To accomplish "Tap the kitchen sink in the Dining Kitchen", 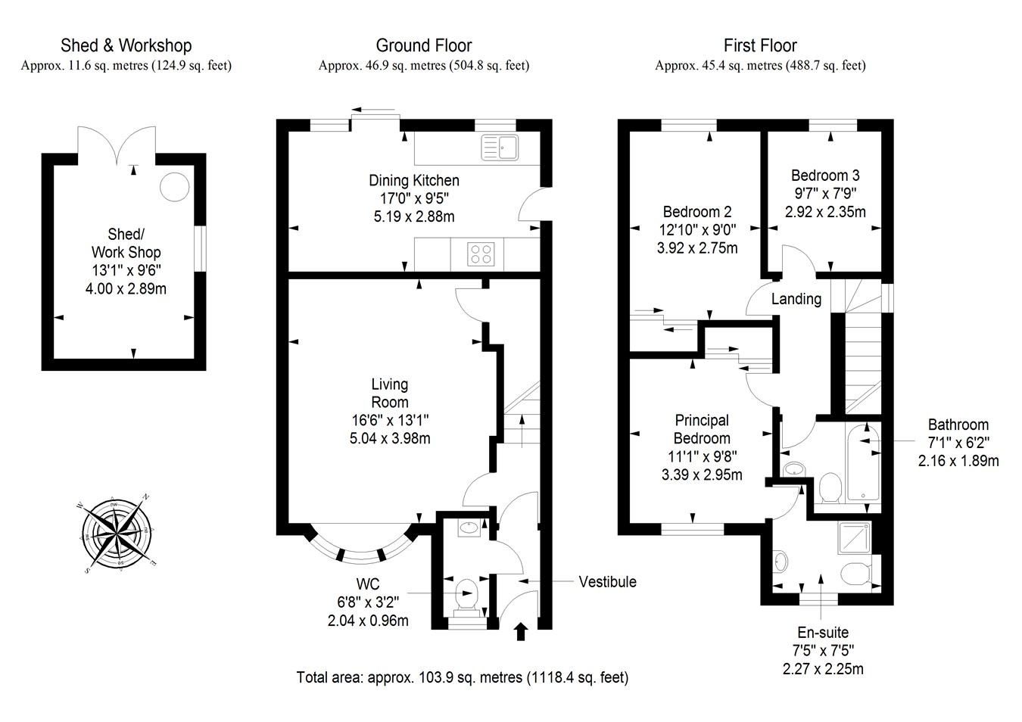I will click(x=499, y=147).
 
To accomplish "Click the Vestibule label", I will click(x=607, y=582).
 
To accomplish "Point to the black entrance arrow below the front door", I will click(x=521, y=631).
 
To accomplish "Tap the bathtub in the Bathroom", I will click(x=862, y=463).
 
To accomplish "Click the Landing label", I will click(x=796, y=299).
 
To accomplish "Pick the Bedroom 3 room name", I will click(x=825, y=175).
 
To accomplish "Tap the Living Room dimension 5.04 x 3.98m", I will click(x=390, y=438).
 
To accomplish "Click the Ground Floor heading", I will click(x=423, y=46).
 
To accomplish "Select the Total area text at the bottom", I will click(x=462, y=677).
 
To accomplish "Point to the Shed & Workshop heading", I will click(x=126, y=46).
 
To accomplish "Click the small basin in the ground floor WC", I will click(x=469, y=528).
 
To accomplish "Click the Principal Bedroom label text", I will click(x=702, y=429).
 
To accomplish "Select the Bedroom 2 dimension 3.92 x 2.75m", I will click(x=697, y=247).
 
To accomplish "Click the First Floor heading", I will click(x=760, y=46).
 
